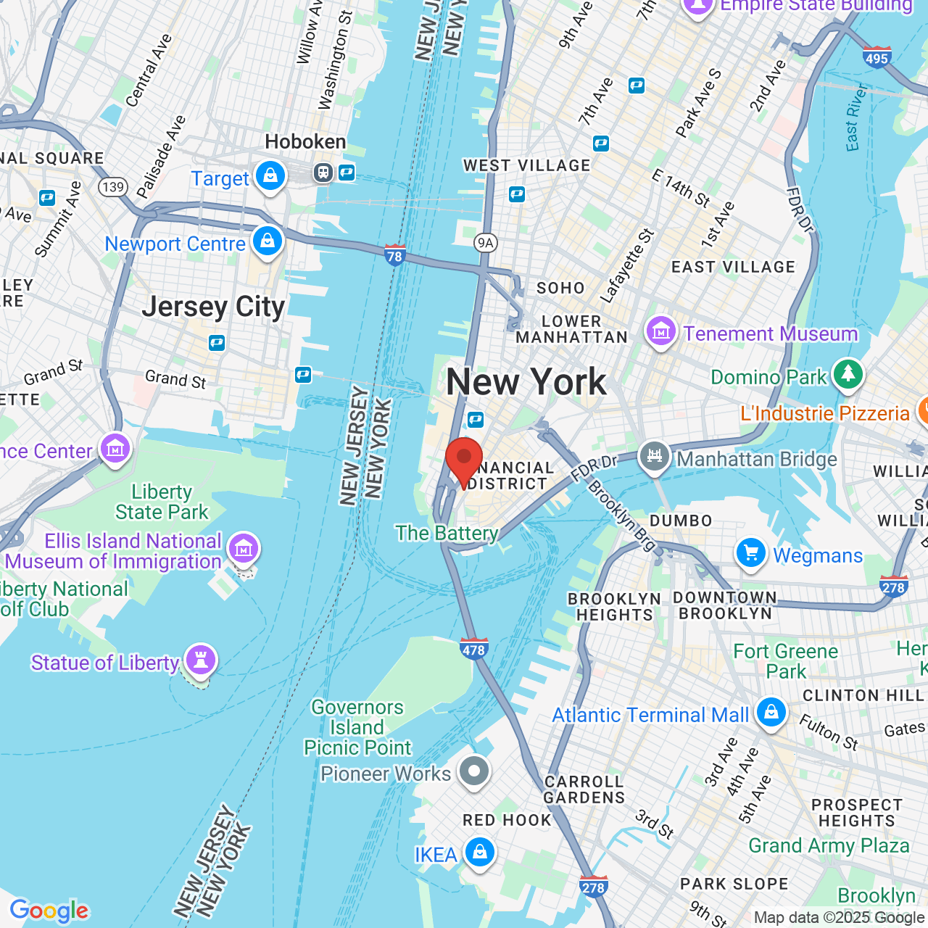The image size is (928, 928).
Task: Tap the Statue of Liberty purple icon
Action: [x=201, y=660]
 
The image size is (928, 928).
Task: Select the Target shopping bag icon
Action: [x=270, y=176]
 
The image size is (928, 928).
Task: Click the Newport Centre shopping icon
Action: [x=268, y=241]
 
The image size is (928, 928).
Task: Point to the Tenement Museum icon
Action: [x=660, y=332]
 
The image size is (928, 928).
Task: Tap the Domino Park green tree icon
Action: [x=848, y=375]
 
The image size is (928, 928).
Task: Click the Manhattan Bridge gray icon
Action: [x=655, y=457]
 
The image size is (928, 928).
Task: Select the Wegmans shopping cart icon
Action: [x=750, y=553]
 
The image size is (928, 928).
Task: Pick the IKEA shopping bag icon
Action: [x=479, y=853]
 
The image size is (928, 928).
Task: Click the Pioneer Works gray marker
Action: [x=475, y=771]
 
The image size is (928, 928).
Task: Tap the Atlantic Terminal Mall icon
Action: [x=771, y=713]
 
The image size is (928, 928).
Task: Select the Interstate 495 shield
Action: [x=877, y=57]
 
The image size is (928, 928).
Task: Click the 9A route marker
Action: [x=485, y=243]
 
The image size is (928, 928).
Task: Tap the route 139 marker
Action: [x=113, y=187]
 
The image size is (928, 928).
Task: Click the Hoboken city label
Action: [x=305, y=141]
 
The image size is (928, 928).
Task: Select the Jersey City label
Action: [x=213, y=307]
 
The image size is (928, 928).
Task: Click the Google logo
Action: [x=49, y=911]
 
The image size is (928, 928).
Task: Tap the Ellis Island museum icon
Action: [x=243, y=549]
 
